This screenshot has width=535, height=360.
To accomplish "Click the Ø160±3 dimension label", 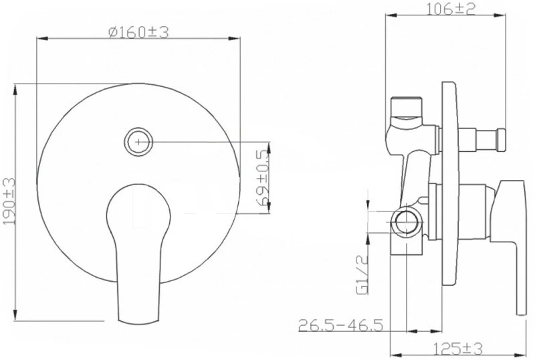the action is [x=138, y=32].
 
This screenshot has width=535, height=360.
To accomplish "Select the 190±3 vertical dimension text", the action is [x=9, y=201].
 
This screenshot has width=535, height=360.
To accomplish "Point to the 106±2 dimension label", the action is [x=451, y=9].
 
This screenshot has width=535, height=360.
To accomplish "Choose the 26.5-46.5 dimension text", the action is [x=340, y=325].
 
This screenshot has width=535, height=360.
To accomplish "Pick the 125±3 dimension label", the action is [x=458, y=349].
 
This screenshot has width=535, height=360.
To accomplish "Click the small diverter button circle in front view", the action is [x=138, y=142].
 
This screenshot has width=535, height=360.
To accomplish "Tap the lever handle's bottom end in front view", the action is [x=139, y=321].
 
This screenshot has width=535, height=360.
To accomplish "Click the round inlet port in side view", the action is [x=406, y=221].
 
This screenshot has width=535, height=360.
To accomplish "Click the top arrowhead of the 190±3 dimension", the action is [x=15, y=90].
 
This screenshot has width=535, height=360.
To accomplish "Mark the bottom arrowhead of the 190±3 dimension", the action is [x=15, y=314].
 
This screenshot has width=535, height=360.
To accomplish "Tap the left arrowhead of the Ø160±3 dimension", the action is [x=43, y=39].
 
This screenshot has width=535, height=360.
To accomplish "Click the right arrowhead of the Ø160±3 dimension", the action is [x=234, y=39].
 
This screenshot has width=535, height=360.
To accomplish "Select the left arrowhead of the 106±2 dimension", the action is [x=392, y=15].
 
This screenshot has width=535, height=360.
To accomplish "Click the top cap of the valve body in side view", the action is [x=406, y=106].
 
